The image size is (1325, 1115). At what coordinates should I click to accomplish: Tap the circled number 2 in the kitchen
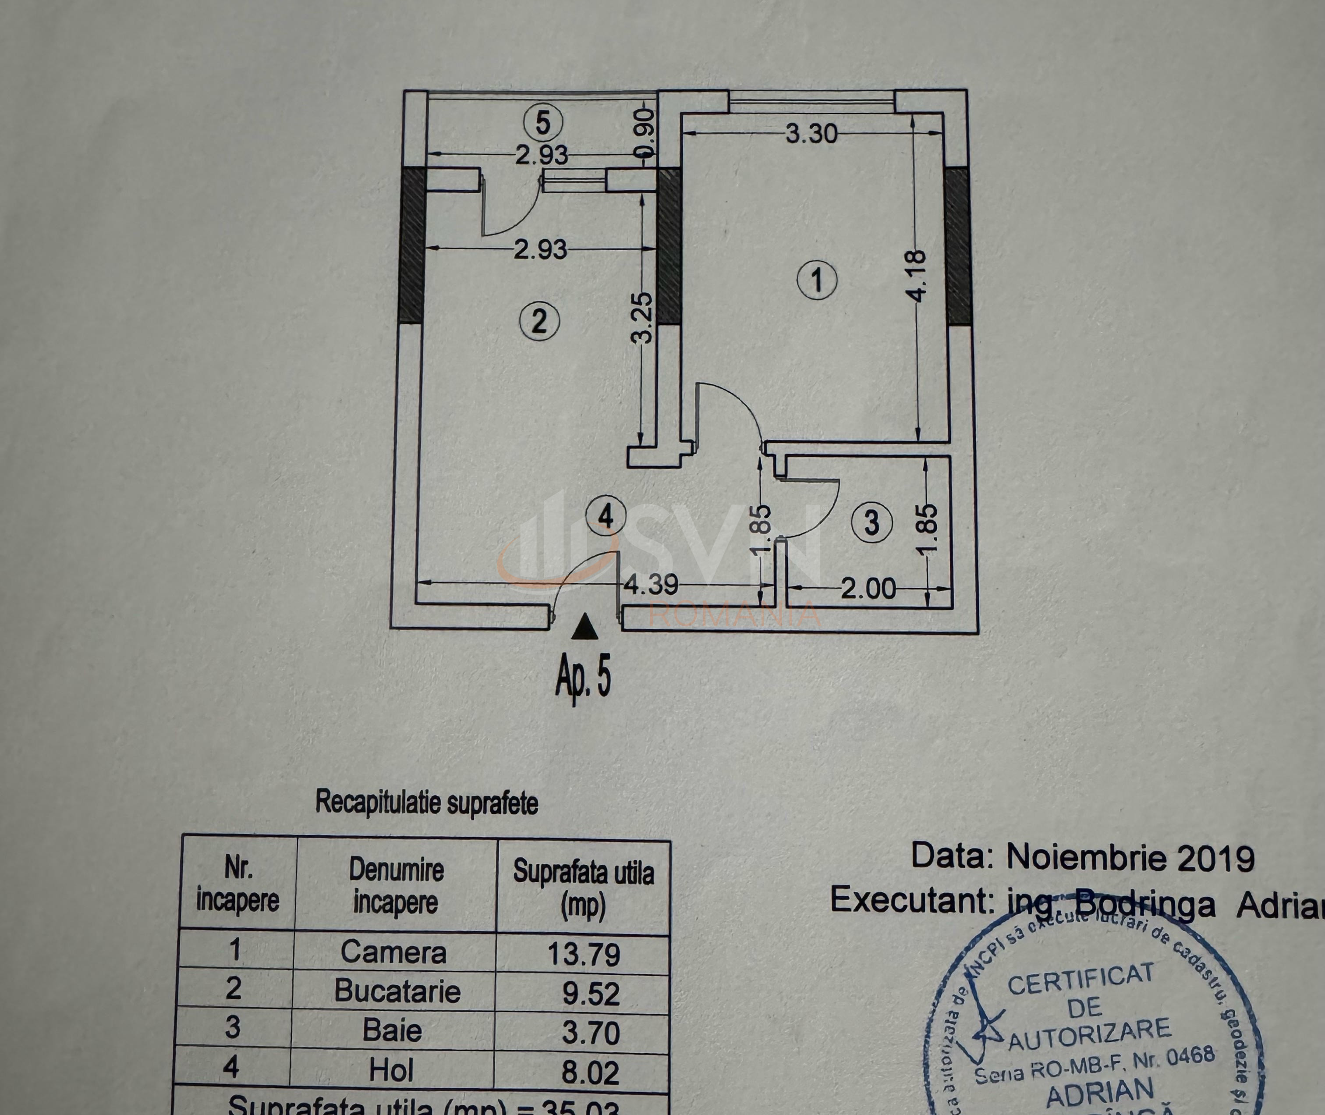539,321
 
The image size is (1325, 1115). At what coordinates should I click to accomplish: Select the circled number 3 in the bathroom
872,523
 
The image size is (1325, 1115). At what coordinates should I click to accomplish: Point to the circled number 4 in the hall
605,516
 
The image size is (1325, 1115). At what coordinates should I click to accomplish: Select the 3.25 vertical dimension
642,317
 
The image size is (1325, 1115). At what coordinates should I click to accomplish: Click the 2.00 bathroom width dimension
868,589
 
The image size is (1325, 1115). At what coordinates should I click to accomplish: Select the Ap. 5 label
583,676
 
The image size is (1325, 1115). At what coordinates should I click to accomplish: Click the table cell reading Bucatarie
397,991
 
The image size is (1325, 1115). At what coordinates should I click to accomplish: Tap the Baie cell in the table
392,1031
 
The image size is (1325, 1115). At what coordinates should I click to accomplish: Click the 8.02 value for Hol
590,1072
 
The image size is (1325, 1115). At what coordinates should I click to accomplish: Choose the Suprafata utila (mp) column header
583,888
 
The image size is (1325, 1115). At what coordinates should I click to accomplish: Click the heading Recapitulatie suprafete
426,803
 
